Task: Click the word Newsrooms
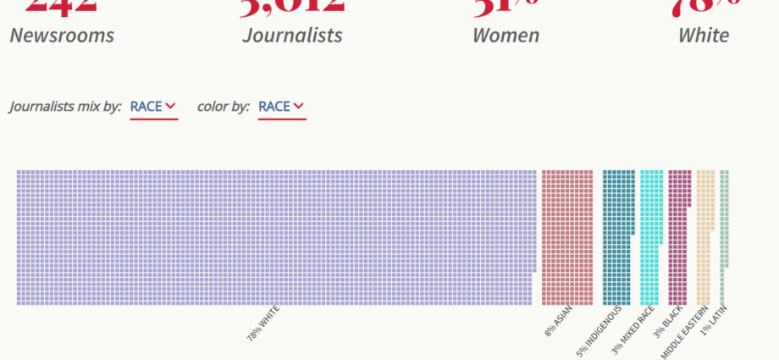(x=62, y=36)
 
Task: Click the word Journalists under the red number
(x=292, y=36)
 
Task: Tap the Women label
(x=506, y=36)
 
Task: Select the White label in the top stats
(x=703, y=36)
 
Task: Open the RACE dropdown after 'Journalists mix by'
(x=153, y=107)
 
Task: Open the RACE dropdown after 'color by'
(x=281, y=107)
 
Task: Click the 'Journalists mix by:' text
(x=65, y=107)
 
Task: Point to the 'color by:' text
(x=223, y=107)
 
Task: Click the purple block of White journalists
(x=275, y=237)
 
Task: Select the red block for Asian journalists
(x=566, y=237)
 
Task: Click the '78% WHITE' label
(x=262, y=323)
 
